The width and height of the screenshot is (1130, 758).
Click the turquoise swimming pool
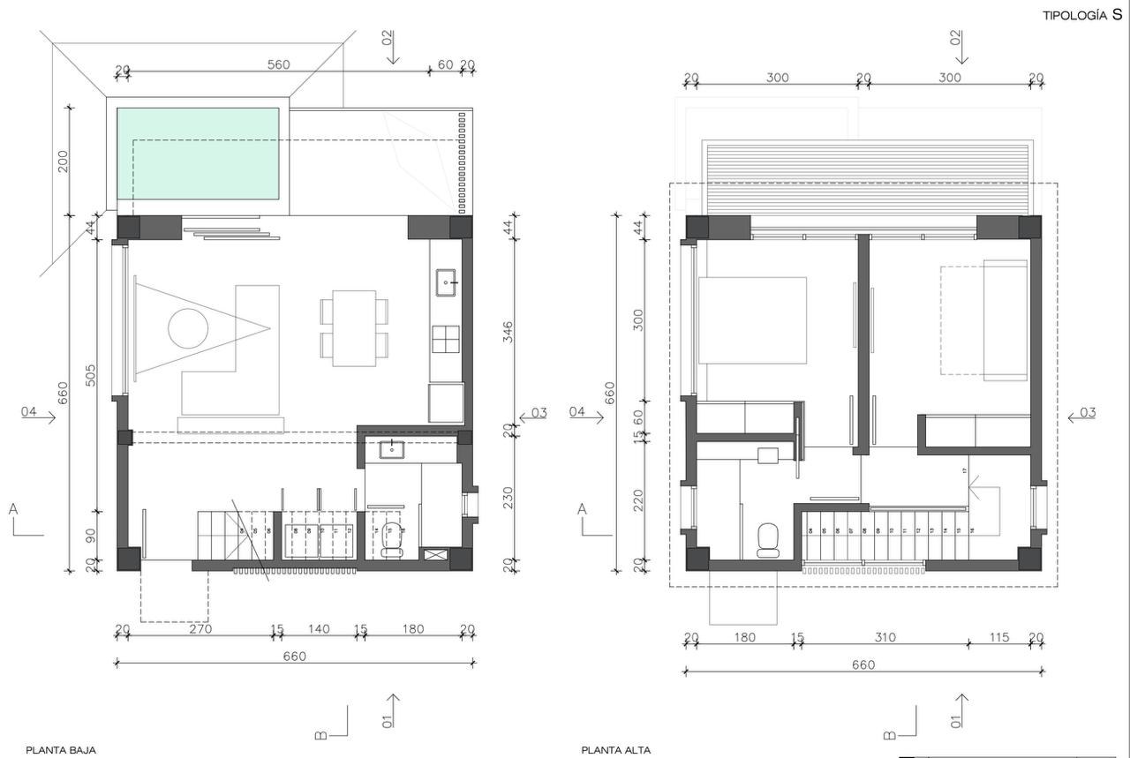click(x=198, y=154)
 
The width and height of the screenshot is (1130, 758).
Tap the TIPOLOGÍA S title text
click(x=1082, y=15)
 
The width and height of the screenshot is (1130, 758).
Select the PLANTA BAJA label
click(x=61, y=750)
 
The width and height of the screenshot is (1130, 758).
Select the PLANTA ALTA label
click(x=616, y=750)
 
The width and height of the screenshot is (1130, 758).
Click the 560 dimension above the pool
click(x=278, y=64)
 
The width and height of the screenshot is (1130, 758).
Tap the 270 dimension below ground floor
click(x=200, y=629)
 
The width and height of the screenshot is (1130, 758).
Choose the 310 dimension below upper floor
click(x=885, y=637)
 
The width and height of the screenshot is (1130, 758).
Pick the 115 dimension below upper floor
click(x=998, y=637)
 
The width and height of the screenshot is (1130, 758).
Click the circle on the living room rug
click(x=188, y=329)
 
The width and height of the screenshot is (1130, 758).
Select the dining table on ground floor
click(x=354, y=327)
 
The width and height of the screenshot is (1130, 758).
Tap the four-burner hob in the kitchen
click(x=446, y=339)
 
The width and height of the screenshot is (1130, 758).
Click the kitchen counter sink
click(x=447, y=282)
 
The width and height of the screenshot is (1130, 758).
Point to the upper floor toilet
click(x=769, y=539)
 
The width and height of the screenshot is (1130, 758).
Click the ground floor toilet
click(x=391, y=537)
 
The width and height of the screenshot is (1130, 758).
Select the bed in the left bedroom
click(x=752, y=320)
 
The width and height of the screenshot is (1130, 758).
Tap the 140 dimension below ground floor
click(x=319, y=629)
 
